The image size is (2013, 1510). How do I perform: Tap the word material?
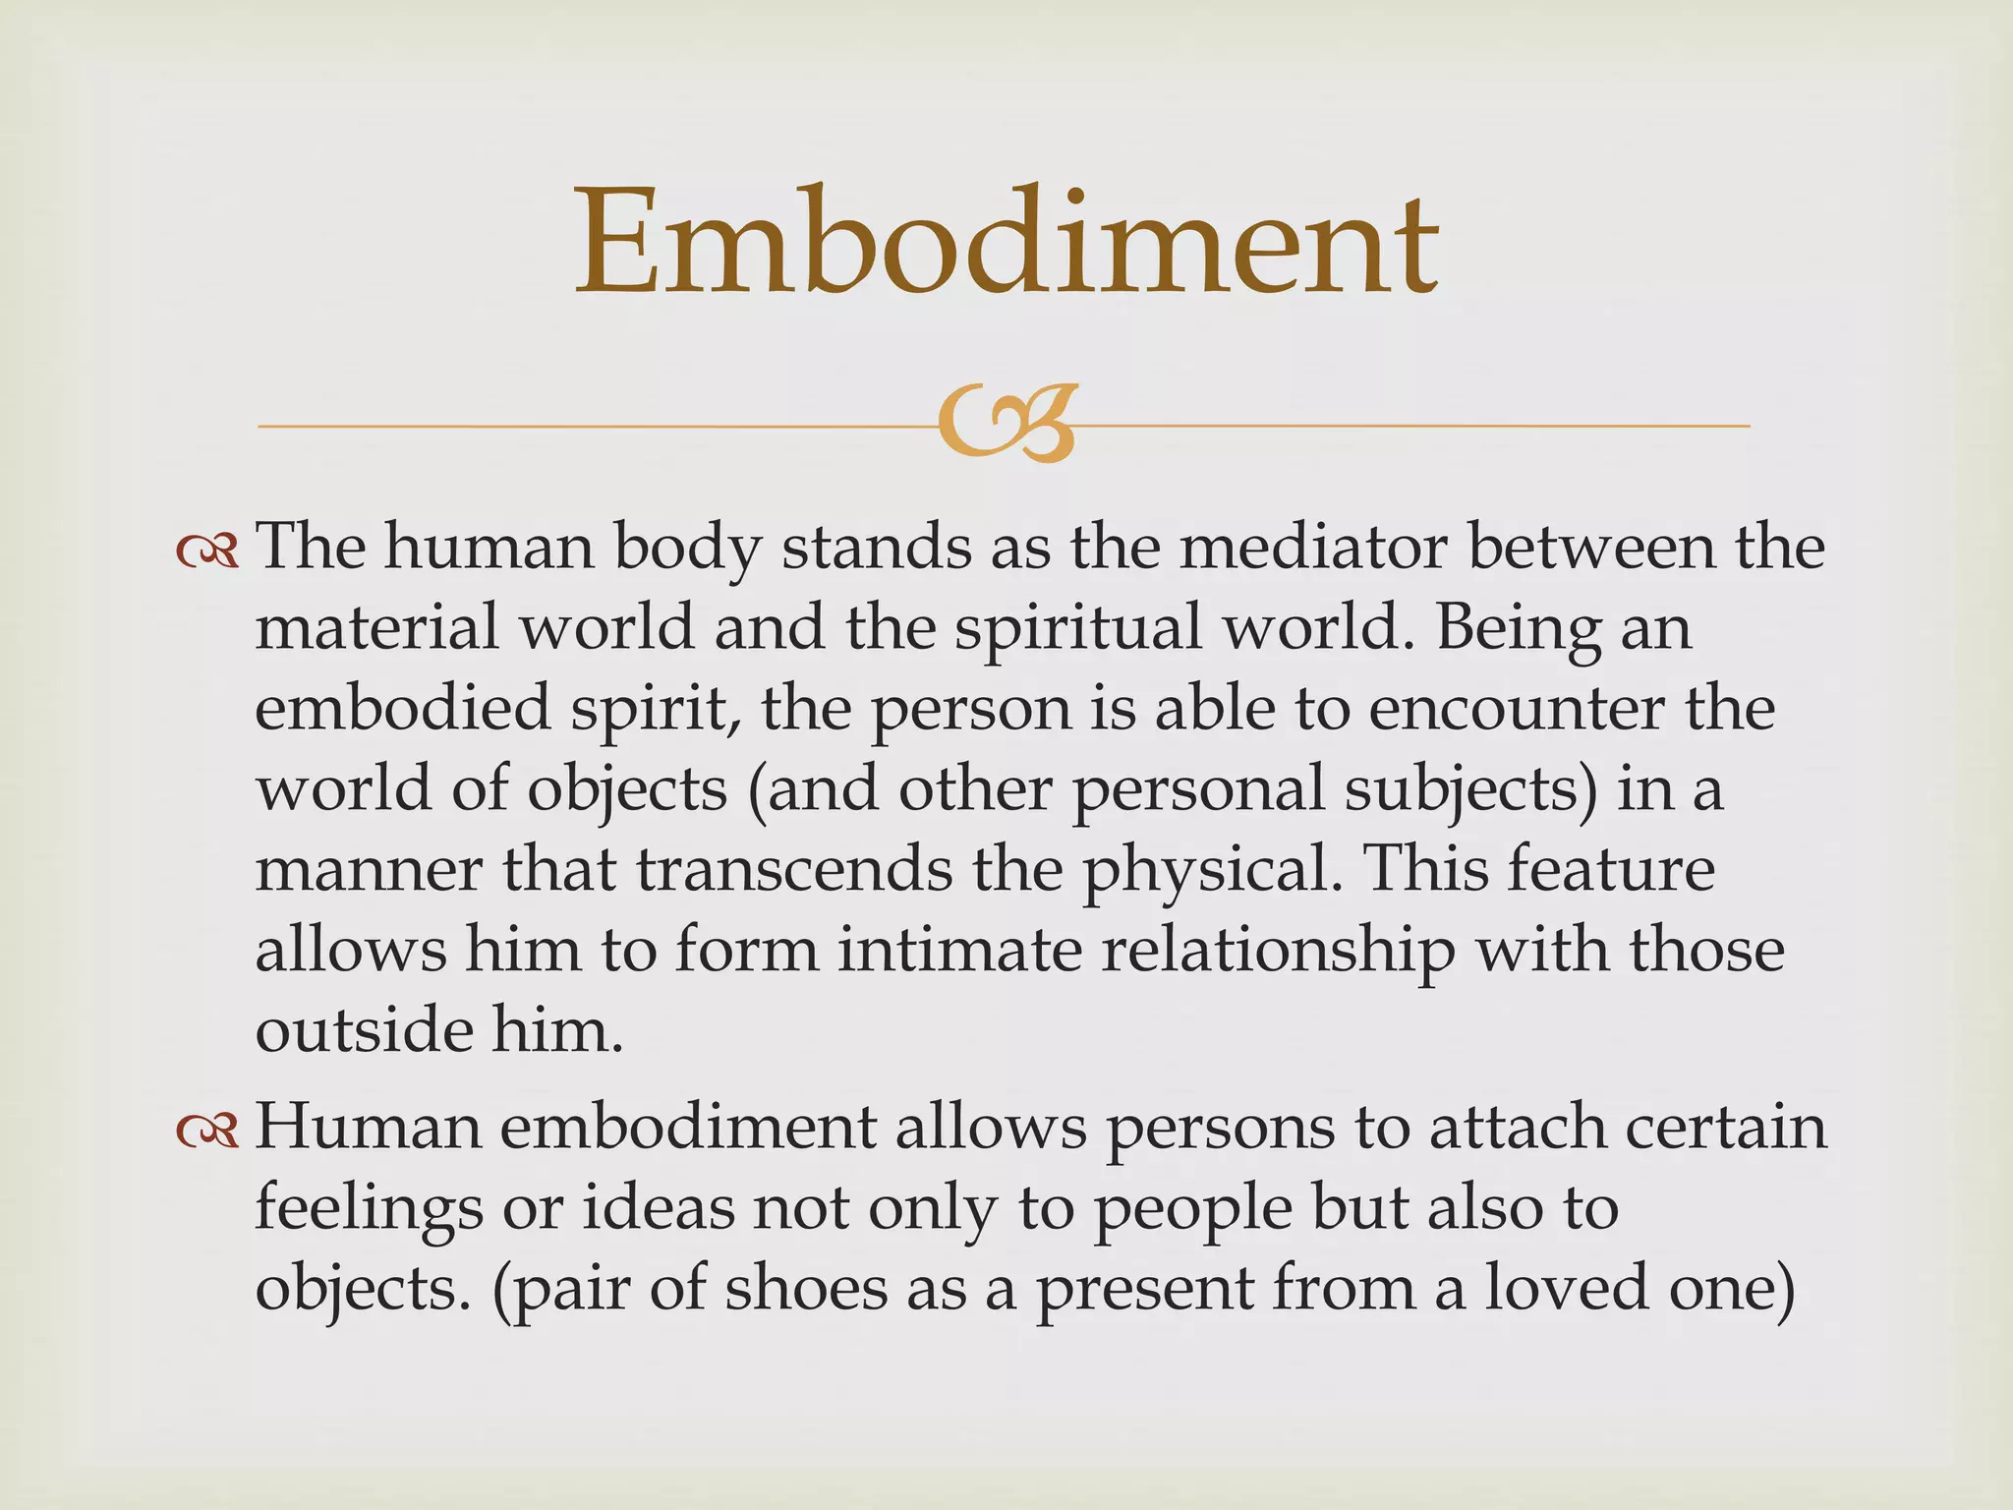pos(377,627)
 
